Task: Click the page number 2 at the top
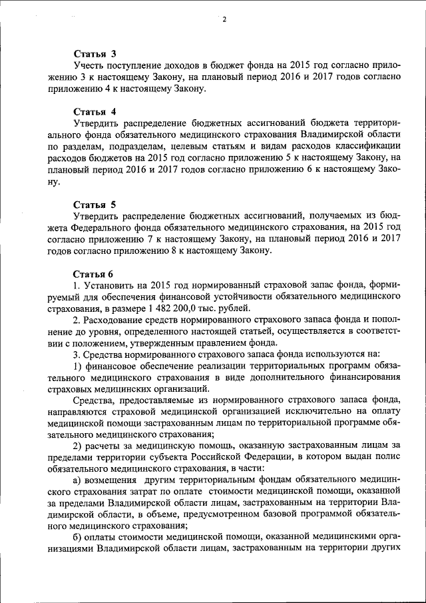click(224, 19)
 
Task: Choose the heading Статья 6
click(94, 274)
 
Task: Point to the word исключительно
click(314, 412)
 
